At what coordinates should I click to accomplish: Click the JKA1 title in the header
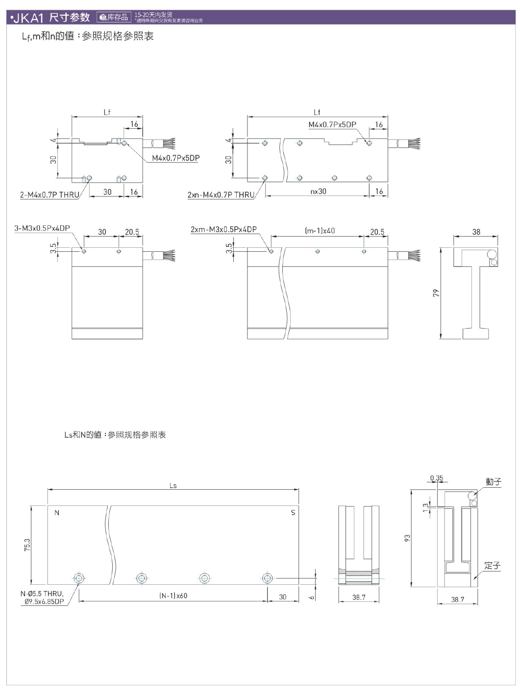(x=28, y=18)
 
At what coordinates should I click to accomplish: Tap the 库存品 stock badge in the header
(x=114, y=18)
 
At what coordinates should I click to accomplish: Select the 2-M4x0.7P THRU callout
(x=50, y=195)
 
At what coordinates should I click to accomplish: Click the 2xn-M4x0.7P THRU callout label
(x=221, y=195)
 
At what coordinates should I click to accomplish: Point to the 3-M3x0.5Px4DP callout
(x=42, y=228)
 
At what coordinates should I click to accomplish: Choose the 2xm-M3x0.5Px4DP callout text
(x=223, y=229)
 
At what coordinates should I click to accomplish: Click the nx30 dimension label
(x=318, y=191)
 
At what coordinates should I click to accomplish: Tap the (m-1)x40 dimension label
(x=320, y=231)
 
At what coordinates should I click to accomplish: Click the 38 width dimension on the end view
(x=476, y=232)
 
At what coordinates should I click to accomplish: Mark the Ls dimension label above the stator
(x=173, y=486)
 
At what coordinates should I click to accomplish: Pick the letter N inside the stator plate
(x=57, y=513)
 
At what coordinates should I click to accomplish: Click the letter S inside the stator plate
(x=293, y=513)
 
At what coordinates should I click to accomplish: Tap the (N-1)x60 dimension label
(x=173, y=596)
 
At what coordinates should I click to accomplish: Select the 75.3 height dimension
(x=27, y=545)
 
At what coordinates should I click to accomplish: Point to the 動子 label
(x=493, y=482)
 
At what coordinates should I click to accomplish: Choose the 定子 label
(x=492, y=566)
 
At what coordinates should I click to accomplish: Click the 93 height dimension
(x=407, y=538)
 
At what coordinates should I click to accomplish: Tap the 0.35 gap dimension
(x=436, y=478)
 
